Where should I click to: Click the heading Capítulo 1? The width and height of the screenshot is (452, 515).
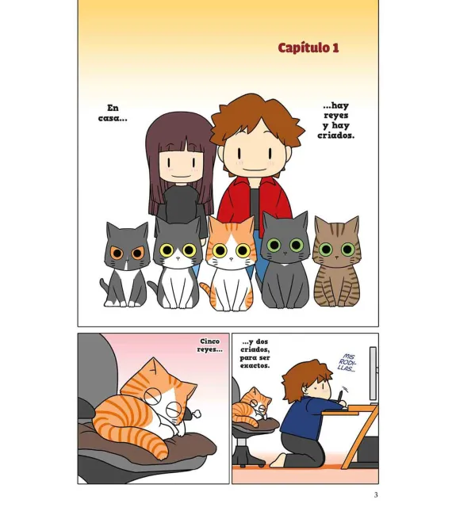[308, 48]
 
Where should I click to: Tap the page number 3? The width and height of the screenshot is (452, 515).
[376, 494]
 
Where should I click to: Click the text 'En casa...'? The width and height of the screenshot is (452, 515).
[113, 113]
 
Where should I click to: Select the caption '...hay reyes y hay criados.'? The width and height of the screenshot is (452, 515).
[335, 120]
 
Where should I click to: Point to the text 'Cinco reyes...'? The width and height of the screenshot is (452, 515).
[209, 345]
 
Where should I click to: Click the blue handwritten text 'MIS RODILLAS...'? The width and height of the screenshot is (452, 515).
[348, 363]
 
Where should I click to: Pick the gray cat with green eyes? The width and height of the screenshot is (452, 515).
[285, 259]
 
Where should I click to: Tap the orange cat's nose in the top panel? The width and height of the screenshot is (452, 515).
[231, 259]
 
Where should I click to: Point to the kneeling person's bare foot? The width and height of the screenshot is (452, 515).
[278, 460]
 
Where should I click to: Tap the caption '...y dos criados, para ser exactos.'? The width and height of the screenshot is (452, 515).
[255, 353]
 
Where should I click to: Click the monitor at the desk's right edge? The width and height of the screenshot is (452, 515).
[373, 375]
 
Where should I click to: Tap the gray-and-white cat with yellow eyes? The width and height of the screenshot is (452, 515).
[178, 263]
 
